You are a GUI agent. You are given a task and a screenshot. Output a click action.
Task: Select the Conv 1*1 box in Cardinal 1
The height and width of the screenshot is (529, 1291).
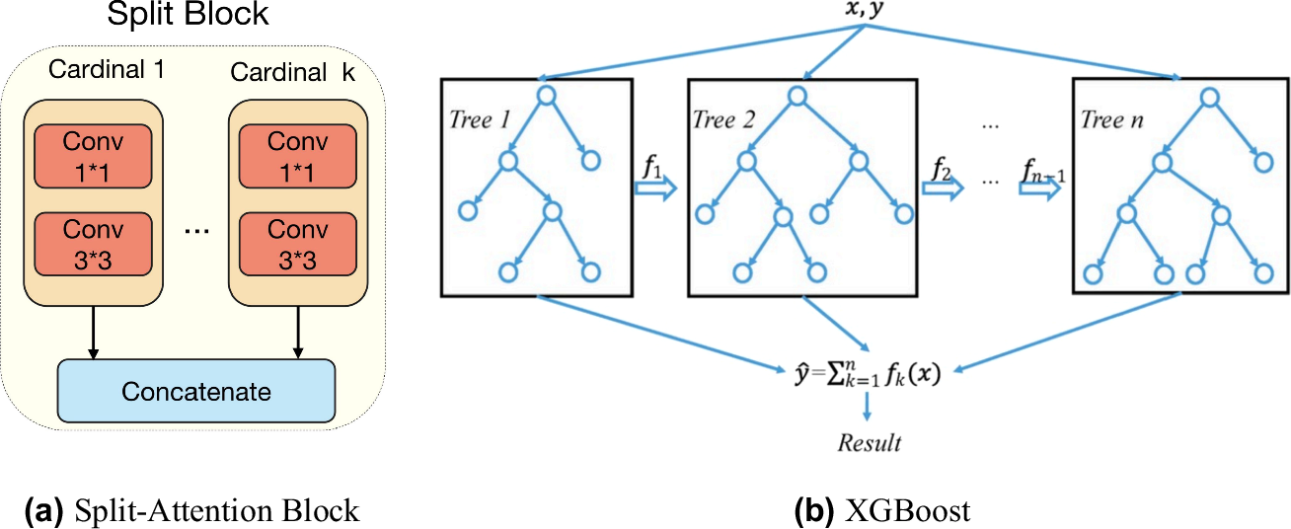[x=93, y=155]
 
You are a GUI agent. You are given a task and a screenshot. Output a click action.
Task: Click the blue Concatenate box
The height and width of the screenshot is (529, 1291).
[x=196, y=392]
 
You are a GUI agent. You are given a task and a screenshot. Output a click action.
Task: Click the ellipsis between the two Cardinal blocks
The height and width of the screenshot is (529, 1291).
[x=196, y=231]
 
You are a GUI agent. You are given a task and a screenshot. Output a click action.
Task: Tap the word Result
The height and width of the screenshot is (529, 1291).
[x=870, y=442]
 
